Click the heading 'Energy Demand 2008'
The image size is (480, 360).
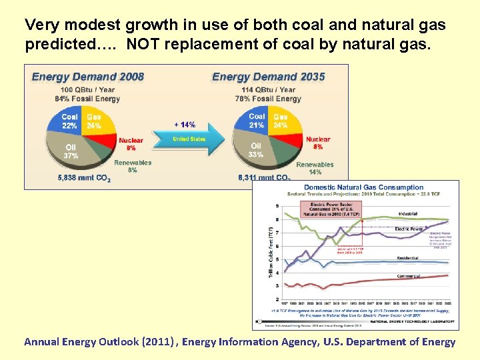(x=88, y=76)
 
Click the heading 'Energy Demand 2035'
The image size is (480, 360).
(x=268, y=76)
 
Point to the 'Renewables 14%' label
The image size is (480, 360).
(x=315, y=167)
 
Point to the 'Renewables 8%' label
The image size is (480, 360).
(x=133, y=166)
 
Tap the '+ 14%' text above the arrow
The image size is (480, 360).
(x=185, y=125)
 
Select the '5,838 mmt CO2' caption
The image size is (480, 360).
(x=84, y=178)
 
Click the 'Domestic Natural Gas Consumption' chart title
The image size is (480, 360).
(x=363, y=187)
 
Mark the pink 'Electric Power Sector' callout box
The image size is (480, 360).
(x=331, y=209)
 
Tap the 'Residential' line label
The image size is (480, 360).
(x=407, y=257)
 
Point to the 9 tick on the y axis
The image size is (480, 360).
(x=277, y=206)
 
